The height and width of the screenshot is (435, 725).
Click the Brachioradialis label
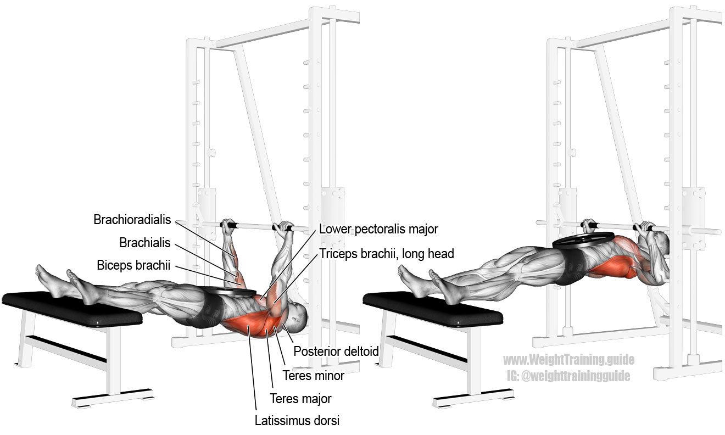pos(132,220)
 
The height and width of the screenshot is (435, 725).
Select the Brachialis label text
pos(144,242)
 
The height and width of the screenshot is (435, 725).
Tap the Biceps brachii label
pos(133,265)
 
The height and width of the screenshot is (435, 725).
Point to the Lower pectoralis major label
pos(378,229)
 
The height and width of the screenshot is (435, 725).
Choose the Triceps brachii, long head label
pos(387,254)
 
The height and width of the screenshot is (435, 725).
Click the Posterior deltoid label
pos(336,351)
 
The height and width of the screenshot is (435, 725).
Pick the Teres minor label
pos(313,376)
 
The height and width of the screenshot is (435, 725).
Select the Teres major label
pos(300,398)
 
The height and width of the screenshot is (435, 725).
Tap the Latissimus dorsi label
pos(297,420)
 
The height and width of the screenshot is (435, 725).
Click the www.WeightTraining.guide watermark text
pos(568,360)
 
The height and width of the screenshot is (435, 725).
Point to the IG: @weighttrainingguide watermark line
pos(568,376)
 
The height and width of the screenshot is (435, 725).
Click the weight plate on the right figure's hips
pos(583,239)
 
